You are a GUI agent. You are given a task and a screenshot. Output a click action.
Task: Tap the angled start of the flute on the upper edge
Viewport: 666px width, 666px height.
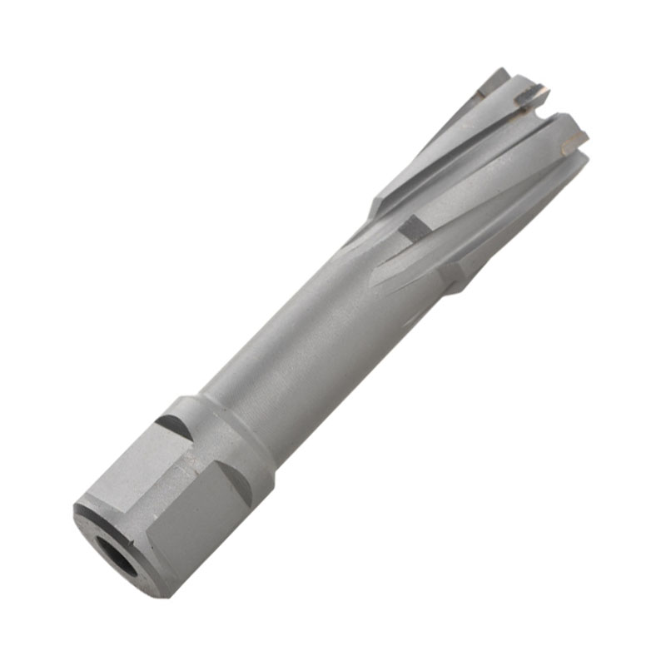pyautogui.click(x=379, y=204)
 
